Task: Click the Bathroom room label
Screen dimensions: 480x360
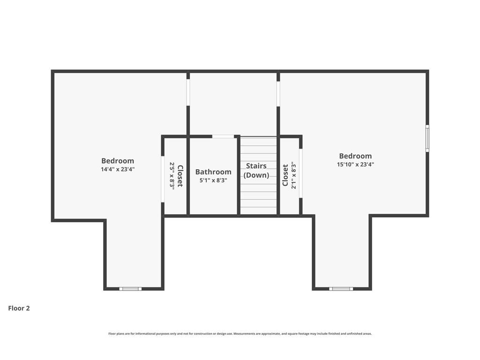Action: pyautogui.click(x=213, y=172)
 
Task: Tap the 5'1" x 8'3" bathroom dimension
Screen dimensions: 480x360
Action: pyautogui.click(x=213, y=180)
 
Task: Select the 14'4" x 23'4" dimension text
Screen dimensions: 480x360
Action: pyautogui.click(x=118, y=169)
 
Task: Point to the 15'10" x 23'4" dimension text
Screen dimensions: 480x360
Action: pyautogui.click(x=355, y=165)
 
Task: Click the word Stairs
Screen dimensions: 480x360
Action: pyautogui.click(x=256, y=165)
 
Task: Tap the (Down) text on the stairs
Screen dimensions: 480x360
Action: pyautogui.click(x=256, y=175)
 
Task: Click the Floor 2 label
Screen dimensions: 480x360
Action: pyautogui.click(x=19, y=308)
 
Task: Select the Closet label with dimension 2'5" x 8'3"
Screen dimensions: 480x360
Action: pyautogui.click(x=180, y=176)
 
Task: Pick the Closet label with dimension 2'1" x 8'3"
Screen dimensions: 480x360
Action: pyautogui.click(x=285, y=175)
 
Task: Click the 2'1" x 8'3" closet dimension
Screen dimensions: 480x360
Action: pyautogui.click(x=293, y=175)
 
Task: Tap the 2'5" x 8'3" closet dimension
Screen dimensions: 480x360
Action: pyautogui.click(x=172, y=176)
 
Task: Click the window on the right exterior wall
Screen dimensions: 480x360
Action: pyautogui.click(x=427, y=138)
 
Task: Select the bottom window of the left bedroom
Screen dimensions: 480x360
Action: pyautogui.click(x=130, y=289)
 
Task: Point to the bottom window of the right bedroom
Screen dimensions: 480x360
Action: pyautogui.click(x=341, y=289)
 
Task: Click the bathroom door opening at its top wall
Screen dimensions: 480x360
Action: pyautogui.click(x=223, y=136)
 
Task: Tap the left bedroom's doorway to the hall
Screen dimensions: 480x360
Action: pyautogui.click(x=188, y=92)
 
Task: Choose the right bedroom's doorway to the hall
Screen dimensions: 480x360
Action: pyautogui.click(x=278, y=94)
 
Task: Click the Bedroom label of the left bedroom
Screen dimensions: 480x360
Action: pyautogui.click(x=118, y=161)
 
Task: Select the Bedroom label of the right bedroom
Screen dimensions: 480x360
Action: pyautogui.click(x=355, y=156)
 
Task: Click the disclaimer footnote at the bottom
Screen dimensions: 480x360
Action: pyautogui.click(x=240, y=334)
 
